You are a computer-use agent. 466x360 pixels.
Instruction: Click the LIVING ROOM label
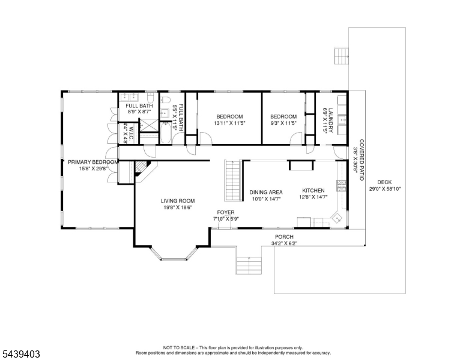(178, 201)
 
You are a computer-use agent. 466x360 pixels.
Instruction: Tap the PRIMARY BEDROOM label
(93, 162)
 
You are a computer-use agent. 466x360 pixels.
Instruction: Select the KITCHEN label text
(313, 190)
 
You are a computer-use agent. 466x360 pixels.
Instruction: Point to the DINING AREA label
(266, 192)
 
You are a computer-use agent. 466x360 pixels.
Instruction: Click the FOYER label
(226, 212)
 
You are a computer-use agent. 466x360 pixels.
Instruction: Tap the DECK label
(384, 182)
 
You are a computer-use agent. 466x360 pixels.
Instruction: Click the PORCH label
(284, 237)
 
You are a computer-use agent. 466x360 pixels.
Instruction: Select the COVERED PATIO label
(362, 160)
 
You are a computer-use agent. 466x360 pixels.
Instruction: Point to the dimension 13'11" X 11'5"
(230, 123)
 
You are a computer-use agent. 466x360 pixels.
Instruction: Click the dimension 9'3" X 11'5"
(283, 123)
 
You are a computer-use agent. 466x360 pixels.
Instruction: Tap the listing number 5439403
(21, 354)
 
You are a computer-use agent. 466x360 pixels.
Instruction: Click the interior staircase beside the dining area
(233, 181)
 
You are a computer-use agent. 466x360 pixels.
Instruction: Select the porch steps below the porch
(249, 265)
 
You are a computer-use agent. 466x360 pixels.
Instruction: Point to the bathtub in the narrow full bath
(165, 133)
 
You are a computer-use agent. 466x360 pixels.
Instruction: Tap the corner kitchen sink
(337, 219)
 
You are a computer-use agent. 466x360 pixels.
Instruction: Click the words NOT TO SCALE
(179, 347)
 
